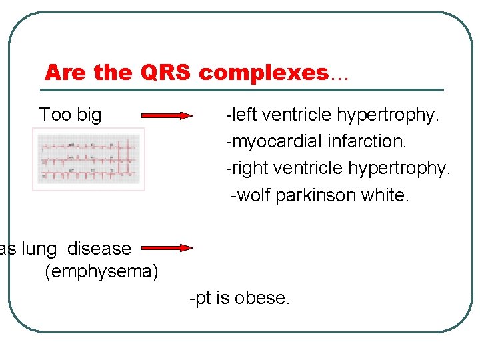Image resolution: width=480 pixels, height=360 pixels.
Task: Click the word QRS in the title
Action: coord(167,73)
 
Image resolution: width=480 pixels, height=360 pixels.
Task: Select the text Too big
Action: coord(70,115)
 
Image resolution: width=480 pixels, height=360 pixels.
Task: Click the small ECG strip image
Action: coord(89,159)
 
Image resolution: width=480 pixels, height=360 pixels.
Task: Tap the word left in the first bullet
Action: coord(244,115)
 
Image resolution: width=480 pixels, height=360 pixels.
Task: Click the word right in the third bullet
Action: coord(247,169)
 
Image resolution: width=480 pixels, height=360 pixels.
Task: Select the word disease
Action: coord(99,249)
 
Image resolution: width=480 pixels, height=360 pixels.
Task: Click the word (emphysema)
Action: coord(101,272)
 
